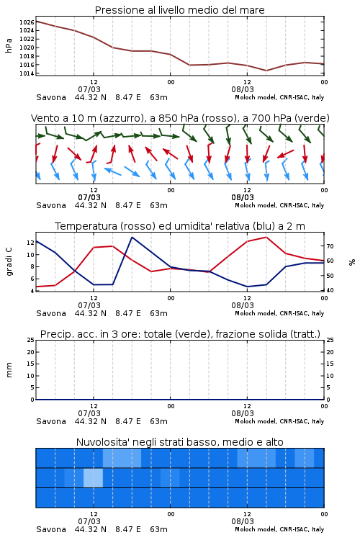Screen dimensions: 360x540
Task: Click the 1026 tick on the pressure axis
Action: (27, 22)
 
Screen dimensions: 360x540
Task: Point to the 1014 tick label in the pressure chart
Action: (27, 73)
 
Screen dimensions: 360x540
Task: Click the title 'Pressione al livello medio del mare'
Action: (180, 10)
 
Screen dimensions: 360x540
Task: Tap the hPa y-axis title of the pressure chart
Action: (9, 45)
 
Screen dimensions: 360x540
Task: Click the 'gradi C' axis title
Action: (9, 261)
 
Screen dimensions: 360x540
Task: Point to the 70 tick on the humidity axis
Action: (330, 246)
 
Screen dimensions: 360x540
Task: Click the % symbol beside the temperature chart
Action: (352, 262)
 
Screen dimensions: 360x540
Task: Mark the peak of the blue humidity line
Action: (132, 237)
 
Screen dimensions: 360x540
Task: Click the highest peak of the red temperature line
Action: (266, 237)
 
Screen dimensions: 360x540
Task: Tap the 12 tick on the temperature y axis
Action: (31, 243)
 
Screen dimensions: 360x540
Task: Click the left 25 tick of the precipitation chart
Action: (31, 340)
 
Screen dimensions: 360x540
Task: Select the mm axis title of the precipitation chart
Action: (9, 370)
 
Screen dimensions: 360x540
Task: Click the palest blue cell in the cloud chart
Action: (93, 477)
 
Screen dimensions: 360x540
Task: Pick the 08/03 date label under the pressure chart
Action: (243, 89)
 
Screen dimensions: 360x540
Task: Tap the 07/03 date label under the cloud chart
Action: (89, 521)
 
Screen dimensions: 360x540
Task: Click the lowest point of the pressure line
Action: (266, 71)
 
